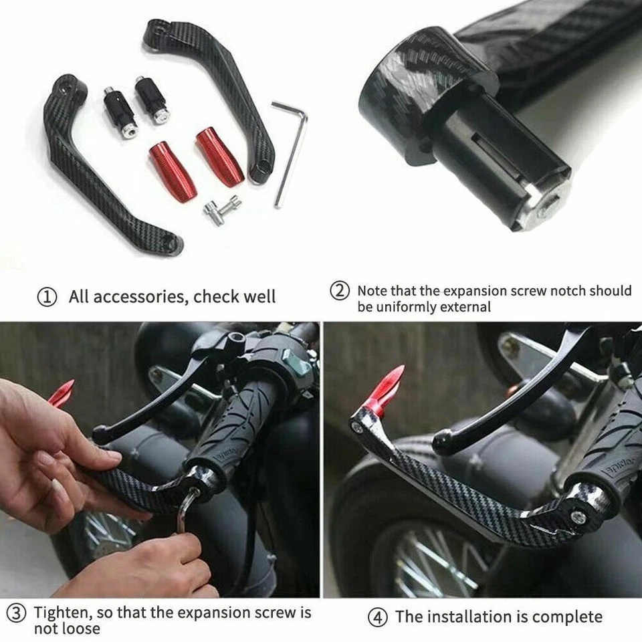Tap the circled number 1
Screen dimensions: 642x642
click(x=46, y=298)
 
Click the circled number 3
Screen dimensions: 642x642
click(x=17, y=613)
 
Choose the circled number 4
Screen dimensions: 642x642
click(x=379, y=617)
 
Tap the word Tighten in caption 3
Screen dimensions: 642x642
click(x=64, y=613)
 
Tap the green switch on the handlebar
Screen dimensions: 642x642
click(x=298, y=366)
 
